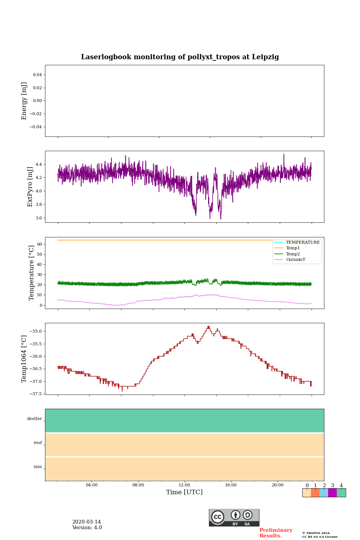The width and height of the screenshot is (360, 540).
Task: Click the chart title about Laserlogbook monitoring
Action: tap(180, 57)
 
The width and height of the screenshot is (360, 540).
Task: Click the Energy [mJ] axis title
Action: tap(24, 101)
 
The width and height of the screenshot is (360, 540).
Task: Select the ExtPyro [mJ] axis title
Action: tap(30, 187)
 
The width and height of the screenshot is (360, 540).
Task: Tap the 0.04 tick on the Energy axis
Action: tap(37, 75)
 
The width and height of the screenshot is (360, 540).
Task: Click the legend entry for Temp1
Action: tap(293, 248)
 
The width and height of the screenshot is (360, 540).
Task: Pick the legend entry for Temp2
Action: tap(293, 254)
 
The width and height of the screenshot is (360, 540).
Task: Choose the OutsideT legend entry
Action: tap(295, 260)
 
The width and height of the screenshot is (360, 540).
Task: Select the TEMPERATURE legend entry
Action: tap(303, 242)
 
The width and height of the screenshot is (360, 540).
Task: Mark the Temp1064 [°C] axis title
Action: tap(24, 359)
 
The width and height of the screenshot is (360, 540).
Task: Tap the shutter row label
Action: tap(34, 419)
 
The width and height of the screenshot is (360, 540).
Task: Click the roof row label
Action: tap(38, 443)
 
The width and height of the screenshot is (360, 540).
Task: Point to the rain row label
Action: tap(38, 467)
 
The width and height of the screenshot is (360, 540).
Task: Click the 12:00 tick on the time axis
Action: tap(184, 485)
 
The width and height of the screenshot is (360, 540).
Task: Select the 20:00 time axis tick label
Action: tap(277, 485)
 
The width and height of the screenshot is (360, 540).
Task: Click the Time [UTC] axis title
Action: tap(184, 492)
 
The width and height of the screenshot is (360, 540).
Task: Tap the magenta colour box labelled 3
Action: tap(332, 493)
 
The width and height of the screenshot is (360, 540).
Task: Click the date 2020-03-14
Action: tap(87, 522)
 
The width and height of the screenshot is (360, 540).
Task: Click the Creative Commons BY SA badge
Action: tap(234, 517)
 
